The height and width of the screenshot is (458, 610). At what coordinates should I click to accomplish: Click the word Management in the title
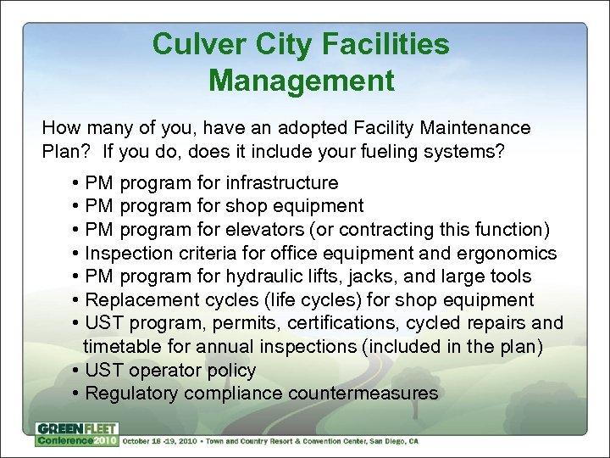(x=301, y=81)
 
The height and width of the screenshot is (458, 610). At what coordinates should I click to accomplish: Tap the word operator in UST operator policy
(x=163, y=370)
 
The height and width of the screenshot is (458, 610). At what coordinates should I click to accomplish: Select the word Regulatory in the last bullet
(x=132, y=394)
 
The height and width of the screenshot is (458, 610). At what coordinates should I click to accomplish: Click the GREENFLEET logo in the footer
(x=76, y=428)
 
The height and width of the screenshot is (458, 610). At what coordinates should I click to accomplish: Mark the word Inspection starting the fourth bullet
(x=130, y=253)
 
